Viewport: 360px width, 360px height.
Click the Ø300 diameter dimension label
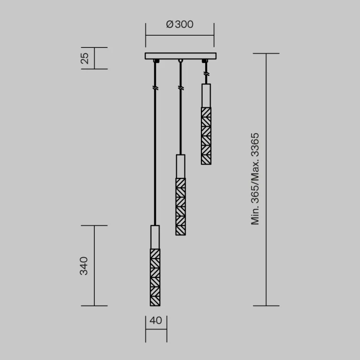tap(180, 24)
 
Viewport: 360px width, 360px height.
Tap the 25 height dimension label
tap(84, 58)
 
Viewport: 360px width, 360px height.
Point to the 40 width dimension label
tap(156, 321)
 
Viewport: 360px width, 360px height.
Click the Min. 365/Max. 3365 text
tap(255, 179)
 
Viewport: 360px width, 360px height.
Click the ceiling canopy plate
tap(180, 56)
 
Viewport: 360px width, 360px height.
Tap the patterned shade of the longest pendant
tap(155, 277)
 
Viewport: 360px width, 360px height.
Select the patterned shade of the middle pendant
tap(180, 206)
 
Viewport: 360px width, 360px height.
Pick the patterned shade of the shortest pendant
tap(206, 135)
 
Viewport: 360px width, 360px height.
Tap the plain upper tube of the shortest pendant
tap(206, 95)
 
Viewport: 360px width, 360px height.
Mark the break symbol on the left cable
tap(155, 88)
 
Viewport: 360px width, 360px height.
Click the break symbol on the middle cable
tap(180, 88)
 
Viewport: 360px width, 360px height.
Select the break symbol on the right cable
tap(206, 74)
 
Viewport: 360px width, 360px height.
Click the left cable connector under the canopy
tap(155, 61)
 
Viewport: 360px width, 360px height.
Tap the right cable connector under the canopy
tap(205, 61)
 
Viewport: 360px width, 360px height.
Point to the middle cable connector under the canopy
tap(180, 61)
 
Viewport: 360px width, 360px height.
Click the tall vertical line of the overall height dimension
tap(267, 179)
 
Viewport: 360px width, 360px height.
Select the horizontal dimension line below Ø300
tap(180, 35)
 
